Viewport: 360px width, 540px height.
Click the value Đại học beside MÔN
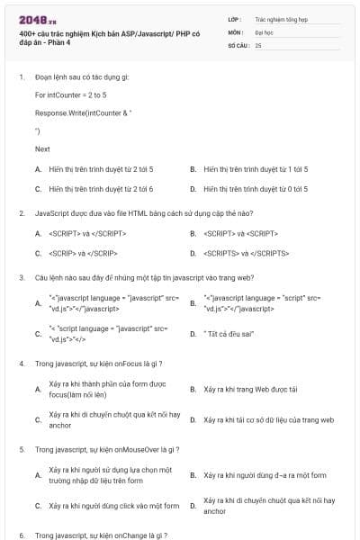[x=264, y=31]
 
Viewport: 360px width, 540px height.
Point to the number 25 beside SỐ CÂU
[x=258, y=44]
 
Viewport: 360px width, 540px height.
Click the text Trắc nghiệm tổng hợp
[x=281, y=18]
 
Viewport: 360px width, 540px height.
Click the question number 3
[x=21, y=278]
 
